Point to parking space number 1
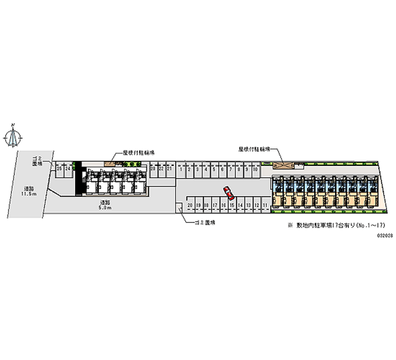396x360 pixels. [182, 169]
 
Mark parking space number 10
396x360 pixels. [254, 169]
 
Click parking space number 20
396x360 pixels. [190, 205]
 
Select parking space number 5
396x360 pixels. [214, 169]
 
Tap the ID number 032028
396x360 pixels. [385, 235]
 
